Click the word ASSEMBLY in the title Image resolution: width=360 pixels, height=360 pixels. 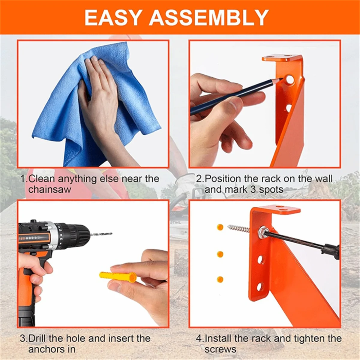(208, 18)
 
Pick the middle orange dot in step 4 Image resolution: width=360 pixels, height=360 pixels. (220, 254)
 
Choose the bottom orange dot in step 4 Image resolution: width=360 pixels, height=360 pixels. (220, 280)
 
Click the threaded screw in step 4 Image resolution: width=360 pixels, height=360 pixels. (238, 229)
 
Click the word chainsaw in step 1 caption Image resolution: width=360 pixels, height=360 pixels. (49, 190)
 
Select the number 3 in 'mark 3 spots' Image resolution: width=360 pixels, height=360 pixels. (254, 190)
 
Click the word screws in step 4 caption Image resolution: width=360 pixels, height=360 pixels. (220, 349)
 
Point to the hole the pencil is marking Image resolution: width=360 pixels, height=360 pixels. (289, 79)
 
